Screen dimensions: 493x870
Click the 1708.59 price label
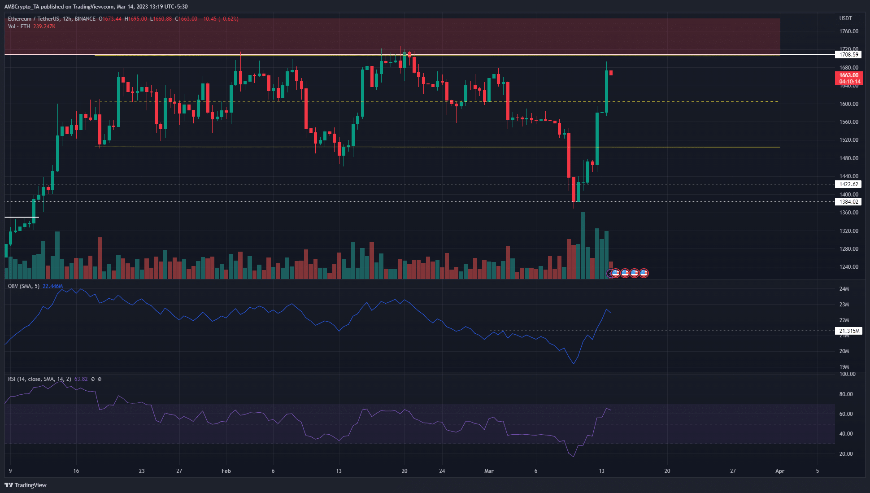coord(848,55)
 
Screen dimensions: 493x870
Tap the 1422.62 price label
coord(848,184)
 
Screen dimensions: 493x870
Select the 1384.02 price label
coord(848,202)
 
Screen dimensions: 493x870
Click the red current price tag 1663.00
coord(849,75)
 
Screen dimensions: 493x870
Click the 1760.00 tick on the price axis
coord(848,31)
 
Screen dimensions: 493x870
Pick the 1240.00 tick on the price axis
coord(848,267)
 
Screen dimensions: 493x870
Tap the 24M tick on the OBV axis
coord(844,289)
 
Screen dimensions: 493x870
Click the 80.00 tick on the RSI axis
coord(846,394)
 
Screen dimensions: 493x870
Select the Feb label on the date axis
coord(226,471)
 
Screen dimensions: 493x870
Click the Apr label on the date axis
coord(780,471)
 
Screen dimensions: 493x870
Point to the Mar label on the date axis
coord(489,471)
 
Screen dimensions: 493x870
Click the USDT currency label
coord(845,18)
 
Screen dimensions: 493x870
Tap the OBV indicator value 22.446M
coord(52,286)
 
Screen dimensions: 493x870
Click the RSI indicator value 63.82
coord(81,379)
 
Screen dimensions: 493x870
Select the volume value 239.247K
coord(44,26)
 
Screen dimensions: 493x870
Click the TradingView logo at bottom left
coord(26,485)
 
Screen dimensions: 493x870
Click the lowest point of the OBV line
coord(574,364)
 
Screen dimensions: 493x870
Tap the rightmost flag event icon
coord(644,273)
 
